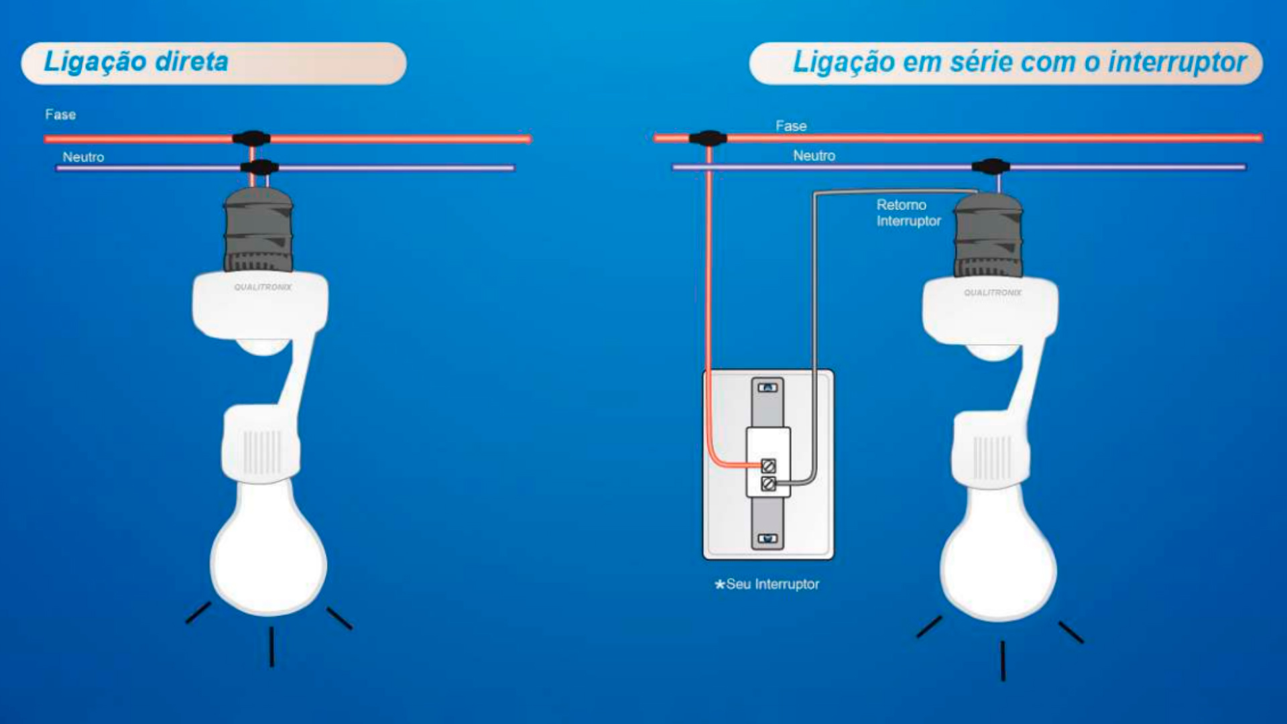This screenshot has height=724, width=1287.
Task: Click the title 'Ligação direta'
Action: (x=136, y=62)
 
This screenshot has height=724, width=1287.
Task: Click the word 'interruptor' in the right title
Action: (x=1177, y=62)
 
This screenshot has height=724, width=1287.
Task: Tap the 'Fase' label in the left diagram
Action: (x=60, y=115)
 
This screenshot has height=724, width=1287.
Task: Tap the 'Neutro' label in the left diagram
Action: (x=83, y=157)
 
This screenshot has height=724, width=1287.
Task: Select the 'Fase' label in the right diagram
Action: (x=791, y=126)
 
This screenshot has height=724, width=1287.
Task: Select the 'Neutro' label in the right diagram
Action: (x=814, y=156)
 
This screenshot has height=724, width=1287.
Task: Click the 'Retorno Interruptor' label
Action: (x=908, y=213)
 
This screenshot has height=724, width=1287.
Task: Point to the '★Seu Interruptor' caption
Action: (x=767, y=584)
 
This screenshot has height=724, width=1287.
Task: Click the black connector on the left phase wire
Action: (x=251, y=139)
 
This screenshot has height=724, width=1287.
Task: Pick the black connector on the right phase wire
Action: (x=708, y=138)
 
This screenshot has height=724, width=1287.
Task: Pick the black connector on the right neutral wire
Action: (x=991, y=166)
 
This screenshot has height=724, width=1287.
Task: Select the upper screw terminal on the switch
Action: (x=769, y=465)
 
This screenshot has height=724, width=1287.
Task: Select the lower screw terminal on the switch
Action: (x=769, y=483)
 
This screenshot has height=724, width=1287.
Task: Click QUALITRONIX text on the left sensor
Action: (x=263, y=287)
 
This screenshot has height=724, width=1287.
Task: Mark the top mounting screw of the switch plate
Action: (x=768, y=387)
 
